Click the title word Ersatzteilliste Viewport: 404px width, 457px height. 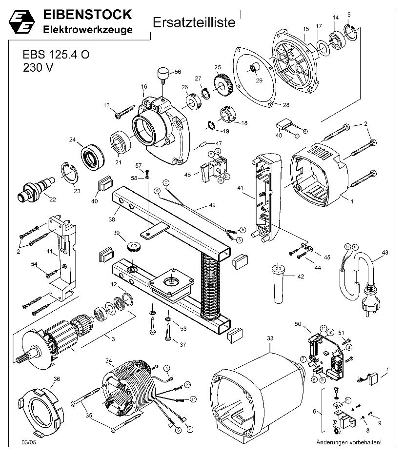(194, 22)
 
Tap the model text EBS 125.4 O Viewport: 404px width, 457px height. (56, 55)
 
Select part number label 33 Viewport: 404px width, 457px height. (270, 337)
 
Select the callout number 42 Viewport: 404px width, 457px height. (300, 276)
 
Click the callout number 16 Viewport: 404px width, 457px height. (144, 87)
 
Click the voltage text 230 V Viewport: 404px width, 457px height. (38, 68)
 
